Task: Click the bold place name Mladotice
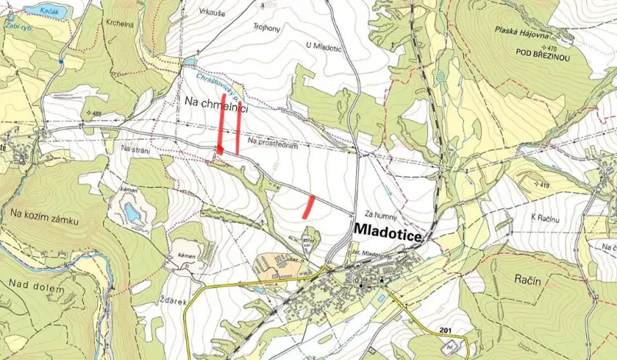(x=388, y=233)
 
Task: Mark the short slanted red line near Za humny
(x=310, y=204)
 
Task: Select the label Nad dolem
(x=30, y=285)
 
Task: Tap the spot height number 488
(x=96, y=114)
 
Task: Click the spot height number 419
(x=545, y=186)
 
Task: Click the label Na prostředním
(x=273, y=140)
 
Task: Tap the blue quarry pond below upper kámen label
(x=133, y=212)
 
